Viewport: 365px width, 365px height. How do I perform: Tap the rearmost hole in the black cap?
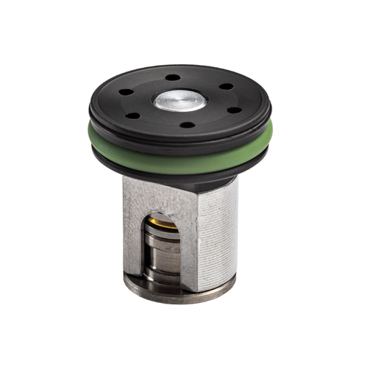[172, 77]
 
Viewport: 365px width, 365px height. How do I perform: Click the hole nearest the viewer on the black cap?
[188, 125]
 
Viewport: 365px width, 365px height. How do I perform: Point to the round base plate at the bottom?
[182, 295]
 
